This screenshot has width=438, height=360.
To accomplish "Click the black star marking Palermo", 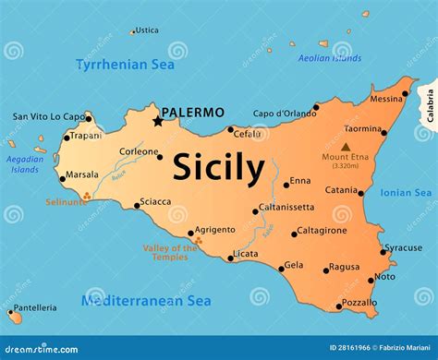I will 158,121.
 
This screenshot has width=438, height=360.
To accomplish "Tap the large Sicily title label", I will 218,168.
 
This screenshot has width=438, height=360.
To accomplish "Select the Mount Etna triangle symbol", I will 346,147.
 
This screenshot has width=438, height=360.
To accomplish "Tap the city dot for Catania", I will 361,193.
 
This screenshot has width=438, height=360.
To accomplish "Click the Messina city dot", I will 405,93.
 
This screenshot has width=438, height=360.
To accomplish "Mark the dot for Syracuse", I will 383,251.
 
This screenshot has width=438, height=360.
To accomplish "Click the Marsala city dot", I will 62,178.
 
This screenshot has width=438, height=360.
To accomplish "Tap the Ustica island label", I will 147,30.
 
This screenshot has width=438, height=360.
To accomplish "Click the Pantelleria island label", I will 35,307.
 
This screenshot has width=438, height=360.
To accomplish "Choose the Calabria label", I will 429,105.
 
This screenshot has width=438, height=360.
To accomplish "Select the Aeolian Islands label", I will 331,58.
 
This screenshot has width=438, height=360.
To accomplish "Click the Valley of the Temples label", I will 169,253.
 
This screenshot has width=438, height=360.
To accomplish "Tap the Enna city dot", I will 286,185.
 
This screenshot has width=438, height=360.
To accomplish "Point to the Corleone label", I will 138,151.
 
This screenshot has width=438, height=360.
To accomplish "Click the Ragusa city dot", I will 326,270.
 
